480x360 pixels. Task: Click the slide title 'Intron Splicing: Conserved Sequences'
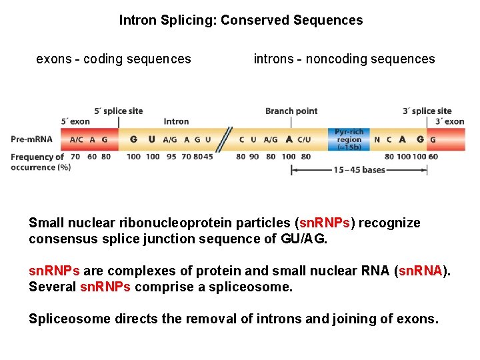point(241,20)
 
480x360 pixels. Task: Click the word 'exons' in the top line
point(53,59)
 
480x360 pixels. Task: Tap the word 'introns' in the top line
point(273,59)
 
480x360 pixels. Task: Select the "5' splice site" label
point(119,111)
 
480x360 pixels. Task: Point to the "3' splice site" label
point(427,111)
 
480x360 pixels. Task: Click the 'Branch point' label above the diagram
point(291,111)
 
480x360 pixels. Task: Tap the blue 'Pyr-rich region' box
point(349,140)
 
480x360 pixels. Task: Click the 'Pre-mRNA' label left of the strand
point(31,139)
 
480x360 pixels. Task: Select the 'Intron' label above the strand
point(176,121)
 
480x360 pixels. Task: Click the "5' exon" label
point(75,121)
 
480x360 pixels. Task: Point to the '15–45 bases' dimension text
point(359,170)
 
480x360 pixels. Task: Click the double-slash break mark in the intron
point(227,139)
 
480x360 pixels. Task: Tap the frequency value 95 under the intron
point(171,157)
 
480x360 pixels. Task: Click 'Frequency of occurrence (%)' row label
point(39,162)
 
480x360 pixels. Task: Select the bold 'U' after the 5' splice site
point(152,139)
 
